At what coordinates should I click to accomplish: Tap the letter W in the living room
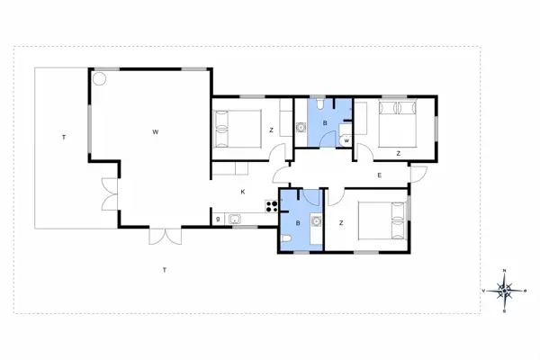point(155,132)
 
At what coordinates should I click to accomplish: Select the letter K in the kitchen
point(242,192)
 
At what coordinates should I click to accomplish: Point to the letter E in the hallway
point(380,175)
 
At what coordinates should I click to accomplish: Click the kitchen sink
point(235,218)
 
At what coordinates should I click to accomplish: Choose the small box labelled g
point(218,218)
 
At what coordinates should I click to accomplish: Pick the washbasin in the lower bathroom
point(316,220)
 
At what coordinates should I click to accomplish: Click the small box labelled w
point(346,139)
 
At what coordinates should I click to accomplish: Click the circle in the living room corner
point(101,79)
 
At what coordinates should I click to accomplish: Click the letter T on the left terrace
point(64,138)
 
